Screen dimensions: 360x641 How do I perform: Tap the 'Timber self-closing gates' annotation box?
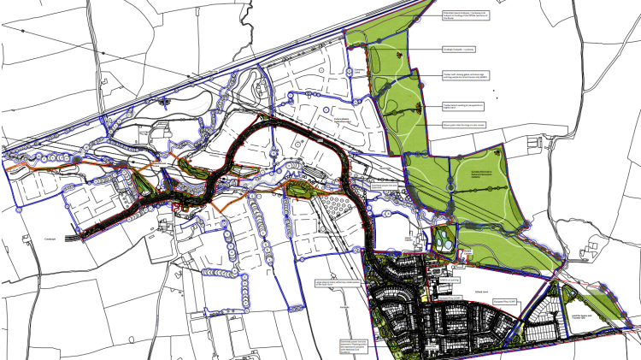462,75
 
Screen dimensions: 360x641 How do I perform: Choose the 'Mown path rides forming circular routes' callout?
461,125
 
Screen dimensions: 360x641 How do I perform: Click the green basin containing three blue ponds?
445,239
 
